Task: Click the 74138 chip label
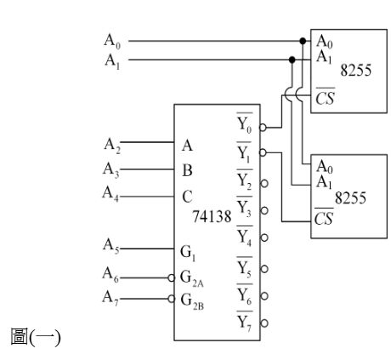click(x=212, y=217)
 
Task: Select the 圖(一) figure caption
click(x=36, y=337)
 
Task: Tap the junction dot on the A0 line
click(x=303, y=41)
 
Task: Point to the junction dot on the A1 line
click(x=292, y=60)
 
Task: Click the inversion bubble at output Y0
click(x=263, y=128)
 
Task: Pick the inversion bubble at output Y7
click(x=264, y=323)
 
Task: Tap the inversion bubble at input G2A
click(x=171, y=278)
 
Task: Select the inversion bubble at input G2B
click(x=171, y=299)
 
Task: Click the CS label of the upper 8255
click(x=325, y=96)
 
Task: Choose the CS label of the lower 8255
click(x=324, y=217)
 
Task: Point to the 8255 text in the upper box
click(x=356, y=70)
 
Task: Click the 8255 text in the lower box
click(x=350, y=198)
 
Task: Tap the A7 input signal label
click(x=110, y=298)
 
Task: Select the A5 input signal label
click(x=110, y=246)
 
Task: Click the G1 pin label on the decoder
click(x=188, y=253)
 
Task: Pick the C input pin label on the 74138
click(x=187, y=197)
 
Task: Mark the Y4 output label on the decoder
click(x=244, y=237)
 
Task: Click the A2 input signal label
click(x=112, y=146)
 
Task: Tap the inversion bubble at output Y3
click(x=264, y=211)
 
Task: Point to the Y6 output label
click(x=245, y=295)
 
